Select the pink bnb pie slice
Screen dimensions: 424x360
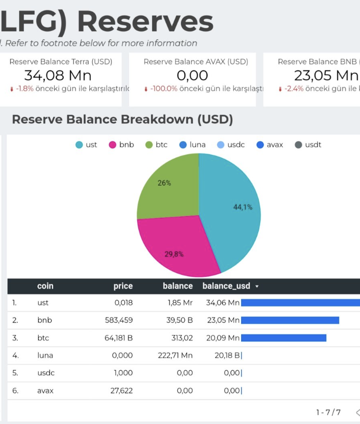[x=174, y=245]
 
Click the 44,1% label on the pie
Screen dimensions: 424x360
[x=243, y=207]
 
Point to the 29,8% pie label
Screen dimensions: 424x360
[x=174, y=254]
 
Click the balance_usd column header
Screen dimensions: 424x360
[x=226, y=286]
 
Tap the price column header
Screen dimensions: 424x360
[x=123, y=286]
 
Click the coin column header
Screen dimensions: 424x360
[x=45, y=286]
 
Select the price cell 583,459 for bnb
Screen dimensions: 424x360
[x=119, y=320]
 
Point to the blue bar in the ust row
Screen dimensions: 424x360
[x=300, y=303]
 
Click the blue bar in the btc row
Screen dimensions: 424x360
[x=283, y=338]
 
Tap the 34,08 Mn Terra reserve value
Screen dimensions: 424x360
[x=58, y=75]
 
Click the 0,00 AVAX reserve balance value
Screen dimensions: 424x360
[x=193, y=75]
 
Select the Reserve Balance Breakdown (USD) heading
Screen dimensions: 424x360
[x=122, y=120]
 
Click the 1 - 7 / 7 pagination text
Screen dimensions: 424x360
[x=328, y=412]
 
